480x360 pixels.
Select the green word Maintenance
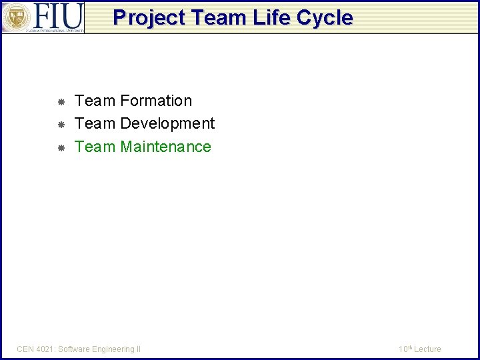click(165, 147)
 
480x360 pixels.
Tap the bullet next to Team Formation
click(60, 102)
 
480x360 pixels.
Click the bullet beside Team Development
click(60, 125)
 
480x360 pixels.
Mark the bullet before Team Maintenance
click(60, 148)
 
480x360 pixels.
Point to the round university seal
click(15, 17)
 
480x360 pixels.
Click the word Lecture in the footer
click(427, 349)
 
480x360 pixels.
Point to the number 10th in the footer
click(405, 349)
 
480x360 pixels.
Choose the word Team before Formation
click(95, 101)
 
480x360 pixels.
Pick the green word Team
click(95, 147)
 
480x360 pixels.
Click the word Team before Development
click(95, 123)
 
